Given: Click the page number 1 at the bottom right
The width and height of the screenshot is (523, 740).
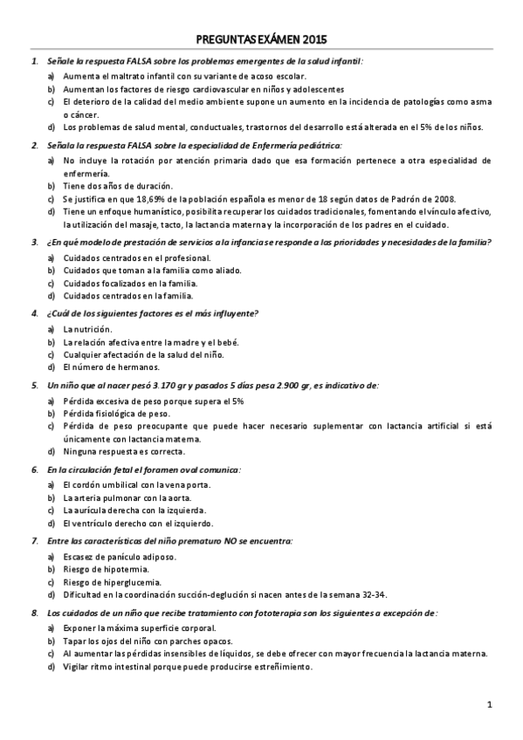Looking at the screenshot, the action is [x=490, y=704].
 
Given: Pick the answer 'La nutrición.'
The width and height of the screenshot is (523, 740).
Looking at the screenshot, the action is [x=87, y=329].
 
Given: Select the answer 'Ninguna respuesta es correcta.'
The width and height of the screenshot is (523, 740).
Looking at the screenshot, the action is [x=124, y=451].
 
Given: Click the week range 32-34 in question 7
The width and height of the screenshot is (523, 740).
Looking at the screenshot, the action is [x=371, y=594].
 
